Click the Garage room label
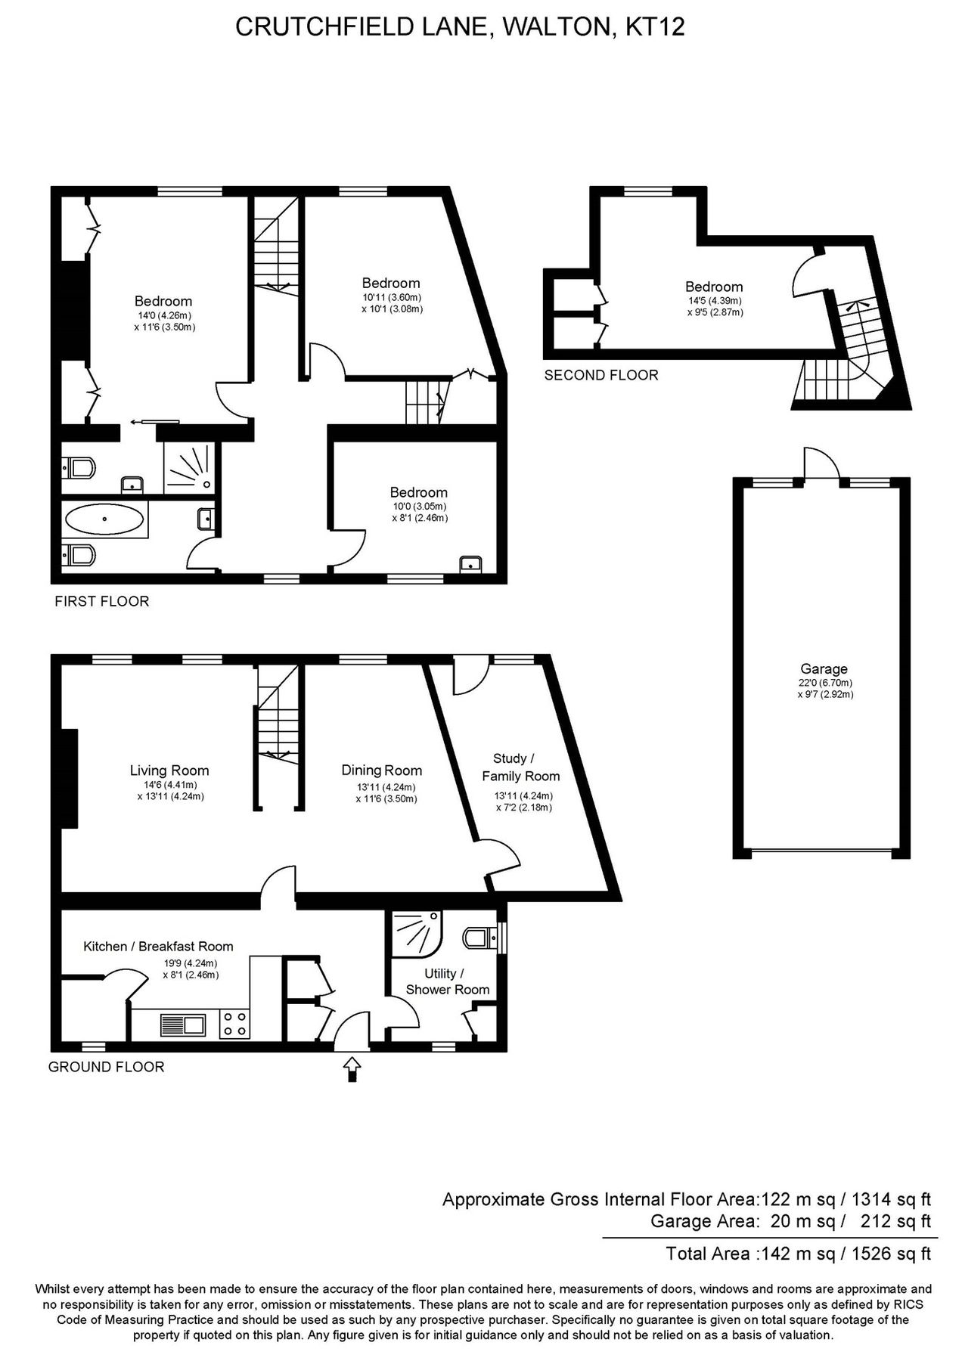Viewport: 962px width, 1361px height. (824, 668)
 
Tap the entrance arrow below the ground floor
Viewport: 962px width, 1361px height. (352, 1068)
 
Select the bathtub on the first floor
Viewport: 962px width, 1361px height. (104, 520)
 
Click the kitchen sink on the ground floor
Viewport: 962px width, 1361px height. (183, 1025)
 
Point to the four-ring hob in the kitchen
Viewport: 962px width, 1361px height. (234, 1025)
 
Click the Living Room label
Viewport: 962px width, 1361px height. (169, 770)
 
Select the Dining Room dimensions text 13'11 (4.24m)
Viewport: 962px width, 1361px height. (382, 786)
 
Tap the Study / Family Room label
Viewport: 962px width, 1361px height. (520, 767)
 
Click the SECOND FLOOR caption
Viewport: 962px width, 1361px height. (601, 375)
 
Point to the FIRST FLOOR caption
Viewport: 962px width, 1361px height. (101, 601)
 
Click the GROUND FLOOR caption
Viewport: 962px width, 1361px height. (106, 1067)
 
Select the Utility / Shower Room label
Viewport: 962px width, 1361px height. (447, 981)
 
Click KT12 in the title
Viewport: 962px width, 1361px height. (656, 27)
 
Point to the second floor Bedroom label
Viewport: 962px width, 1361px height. (714, 287)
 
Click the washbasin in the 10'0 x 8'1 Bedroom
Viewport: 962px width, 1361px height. (471, 563)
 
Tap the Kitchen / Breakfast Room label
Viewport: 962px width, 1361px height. (158, 946)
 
